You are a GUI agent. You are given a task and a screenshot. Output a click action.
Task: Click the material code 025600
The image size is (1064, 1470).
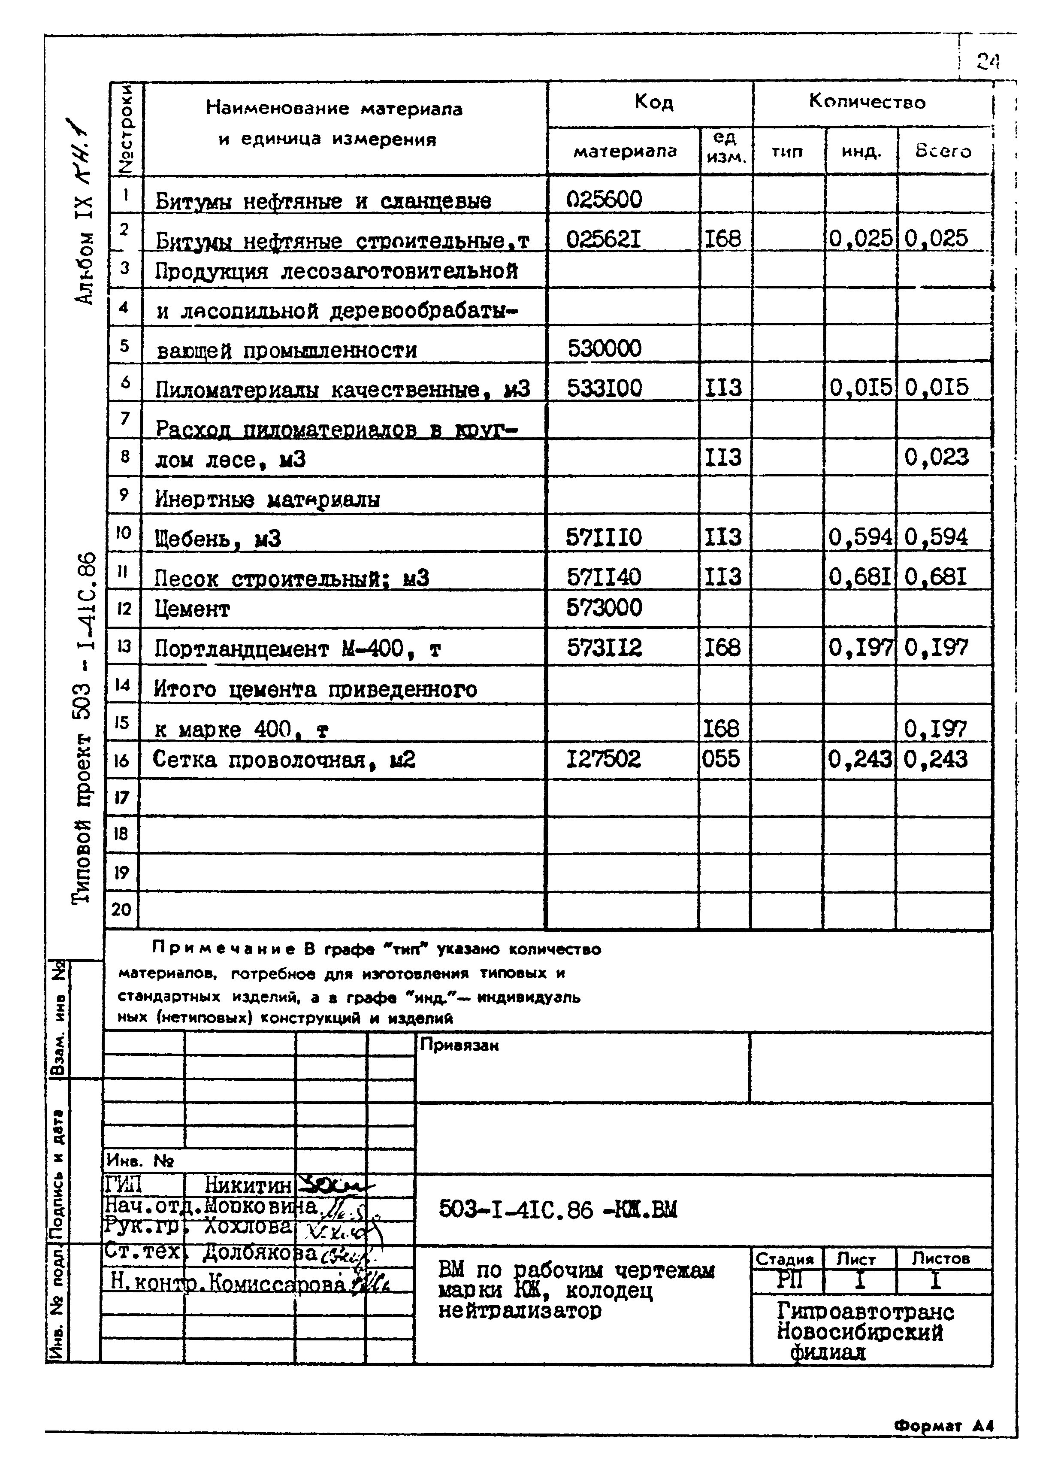604,199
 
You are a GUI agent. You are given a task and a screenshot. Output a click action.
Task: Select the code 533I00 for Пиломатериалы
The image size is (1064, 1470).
604,388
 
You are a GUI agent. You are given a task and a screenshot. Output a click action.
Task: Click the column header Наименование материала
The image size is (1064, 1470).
334,108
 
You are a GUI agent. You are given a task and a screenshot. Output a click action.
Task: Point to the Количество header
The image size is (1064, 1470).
867,102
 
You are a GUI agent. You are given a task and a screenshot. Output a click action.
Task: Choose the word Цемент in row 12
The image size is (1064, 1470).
192,609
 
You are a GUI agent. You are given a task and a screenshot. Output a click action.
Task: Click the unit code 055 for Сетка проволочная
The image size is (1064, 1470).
721,758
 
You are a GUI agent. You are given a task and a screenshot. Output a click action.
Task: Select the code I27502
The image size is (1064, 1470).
603,759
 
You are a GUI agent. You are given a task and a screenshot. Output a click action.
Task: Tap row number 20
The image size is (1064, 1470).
121,909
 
